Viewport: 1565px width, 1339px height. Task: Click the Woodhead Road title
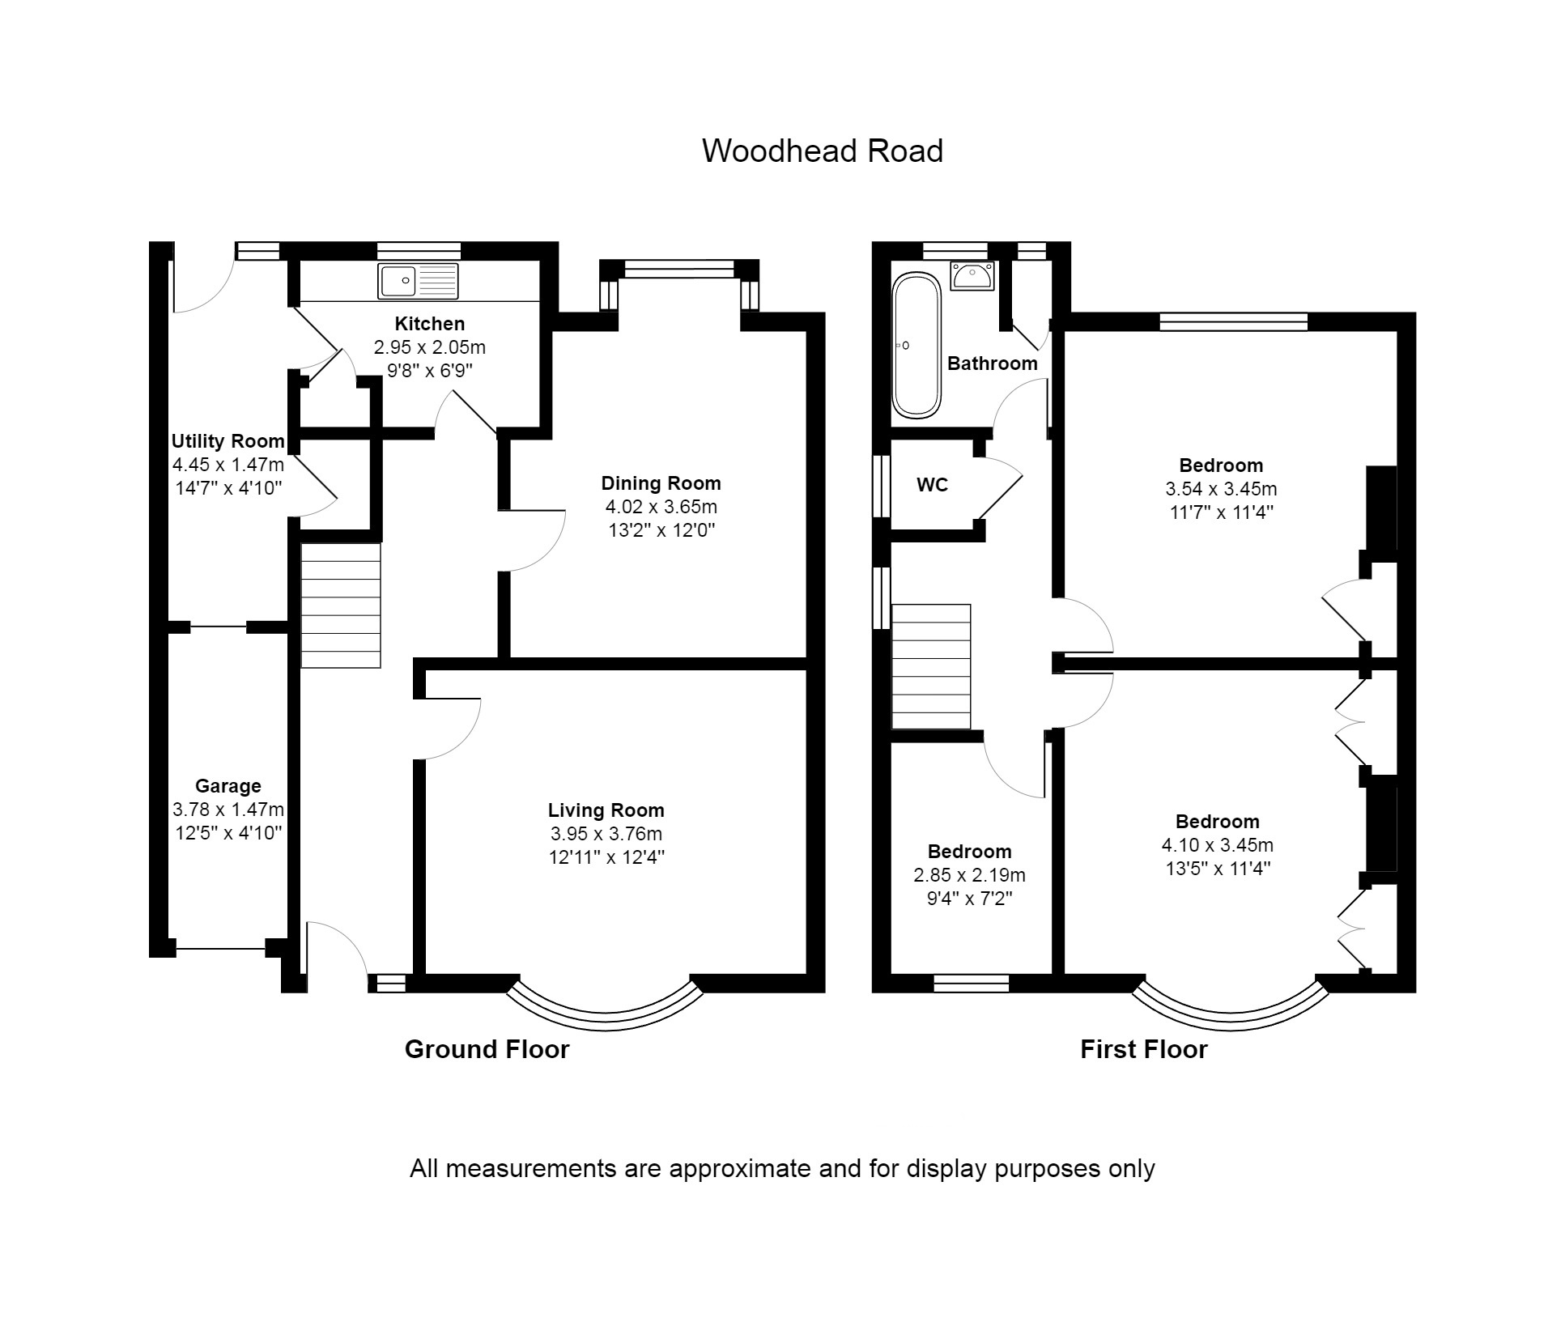[x=822, y=151]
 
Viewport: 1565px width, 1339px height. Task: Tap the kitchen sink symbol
[x=417, y=281]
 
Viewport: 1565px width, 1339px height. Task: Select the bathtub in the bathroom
[x=916, y=345]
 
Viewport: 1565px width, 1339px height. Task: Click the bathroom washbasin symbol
[x=972, y=276]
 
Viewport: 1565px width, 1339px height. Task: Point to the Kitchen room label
[x=429, y=324]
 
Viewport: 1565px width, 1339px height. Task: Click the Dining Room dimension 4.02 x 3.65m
[x=661, y=507]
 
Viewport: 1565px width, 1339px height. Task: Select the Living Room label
[x=606, y=810]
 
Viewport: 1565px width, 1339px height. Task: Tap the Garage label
[x=228, y=785]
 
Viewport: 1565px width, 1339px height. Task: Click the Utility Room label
[x=228, y=441]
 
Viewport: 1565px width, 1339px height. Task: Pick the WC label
[x=932, y=485]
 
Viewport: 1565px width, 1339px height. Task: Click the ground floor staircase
[x=341, y=605]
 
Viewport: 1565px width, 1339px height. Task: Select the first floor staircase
[x=930, y=666]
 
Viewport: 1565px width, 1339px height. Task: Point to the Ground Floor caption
[x=487, y=1049]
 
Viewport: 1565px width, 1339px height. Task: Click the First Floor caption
[x=1143, y=1049]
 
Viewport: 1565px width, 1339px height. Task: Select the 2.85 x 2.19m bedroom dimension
[x=969, y=875]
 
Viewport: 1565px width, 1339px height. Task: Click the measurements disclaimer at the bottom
[x=781, y=1168]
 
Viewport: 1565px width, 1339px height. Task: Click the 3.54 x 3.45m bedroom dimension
[x=1220, y=489]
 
